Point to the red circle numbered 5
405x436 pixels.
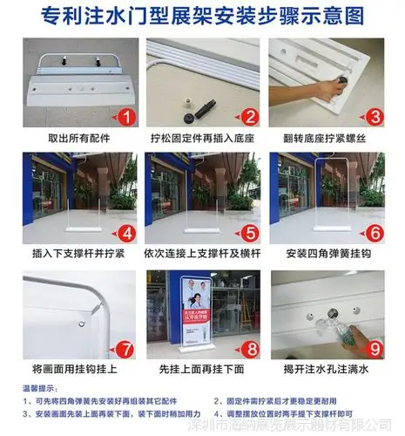[248, 232]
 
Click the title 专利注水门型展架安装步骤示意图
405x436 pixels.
[202, 17]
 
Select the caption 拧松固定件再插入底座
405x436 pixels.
[202, 139]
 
